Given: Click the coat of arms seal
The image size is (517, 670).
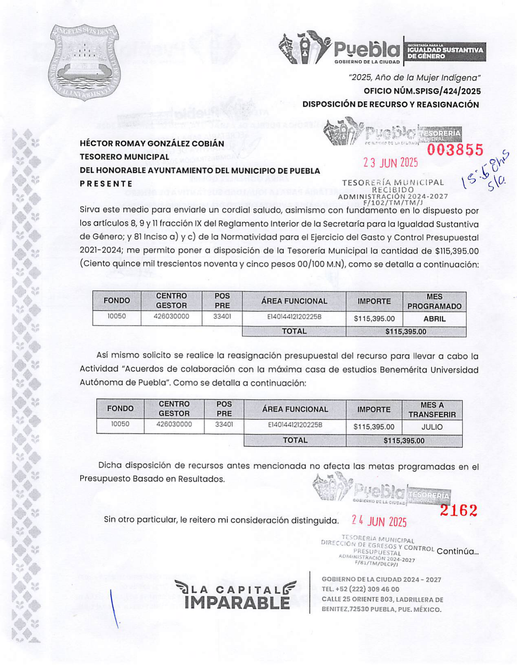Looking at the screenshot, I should pos(84,62).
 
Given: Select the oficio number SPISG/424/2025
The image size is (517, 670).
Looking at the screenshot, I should pos(422,91).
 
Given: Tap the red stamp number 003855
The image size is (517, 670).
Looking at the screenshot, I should pos(455,150).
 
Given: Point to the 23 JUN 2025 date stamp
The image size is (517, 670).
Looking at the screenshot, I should pos(390,163).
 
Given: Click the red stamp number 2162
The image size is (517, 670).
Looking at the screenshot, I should pos(458,510).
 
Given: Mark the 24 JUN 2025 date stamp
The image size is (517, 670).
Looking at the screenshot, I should pos(379,521).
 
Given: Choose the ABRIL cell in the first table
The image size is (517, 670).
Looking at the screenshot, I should pos(434,319).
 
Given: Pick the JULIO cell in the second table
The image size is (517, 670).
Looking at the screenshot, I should pos(432,427).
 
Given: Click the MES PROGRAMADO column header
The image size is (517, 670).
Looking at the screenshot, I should pos(434,302).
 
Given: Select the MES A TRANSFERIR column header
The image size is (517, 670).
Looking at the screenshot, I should pos(432,410).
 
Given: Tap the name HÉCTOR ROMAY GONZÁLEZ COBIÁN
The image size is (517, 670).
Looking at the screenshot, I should pos(152,144).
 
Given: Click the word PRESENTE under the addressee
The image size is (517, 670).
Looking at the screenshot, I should pos(106,184).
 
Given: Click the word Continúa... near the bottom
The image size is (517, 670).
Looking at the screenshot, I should pos(457,552).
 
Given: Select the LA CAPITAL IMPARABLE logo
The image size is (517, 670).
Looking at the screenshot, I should pos(236,595).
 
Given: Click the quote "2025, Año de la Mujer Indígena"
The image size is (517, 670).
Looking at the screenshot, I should pos(414,77).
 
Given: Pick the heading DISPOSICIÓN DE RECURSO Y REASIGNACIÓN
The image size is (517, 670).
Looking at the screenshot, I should pos(390,105).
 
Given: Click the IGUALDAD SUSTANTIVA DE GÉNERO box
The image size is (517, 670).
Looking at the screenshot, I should pos(445,52).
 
